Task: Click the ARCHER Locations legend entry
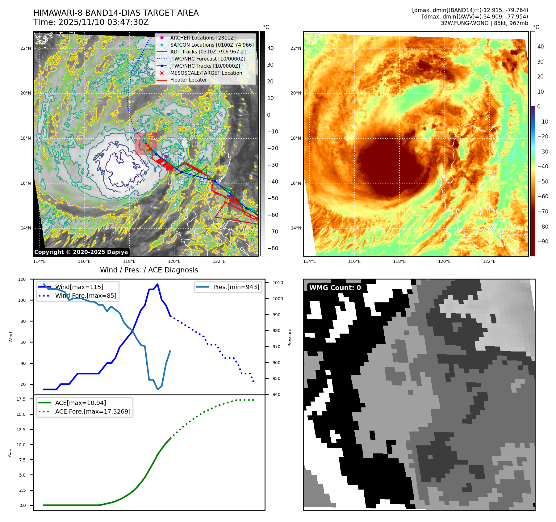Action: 203,38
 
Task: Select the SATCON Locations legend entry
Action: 212,45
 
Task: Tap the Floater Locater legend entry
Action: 188,80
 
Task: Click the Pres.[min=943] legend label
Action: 236,287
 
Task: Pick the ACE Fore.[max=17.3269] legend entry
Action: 93,411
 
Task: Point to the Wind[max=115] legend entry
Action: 79,287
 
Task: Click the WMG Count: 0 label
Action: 335,288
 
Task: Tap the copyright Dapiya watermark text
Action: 81,252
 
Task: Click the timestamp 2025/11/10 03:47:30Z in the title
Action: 103,22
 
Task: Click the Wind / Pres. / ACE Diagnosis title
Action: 149,270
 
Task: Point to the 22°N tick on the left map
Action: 26,48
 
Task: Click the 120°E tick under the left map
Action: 174,261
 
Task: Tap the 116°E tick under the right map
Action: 354,261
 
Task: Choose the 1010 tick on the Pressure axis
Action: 278,283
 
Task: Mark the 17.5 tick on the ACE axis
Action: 21,399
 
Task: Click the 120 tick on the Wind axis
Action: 22,279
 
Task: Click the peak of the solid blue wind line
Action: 157,284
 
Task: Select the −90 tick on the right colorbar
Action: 543,242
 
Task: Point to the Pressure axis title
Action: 290,337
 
